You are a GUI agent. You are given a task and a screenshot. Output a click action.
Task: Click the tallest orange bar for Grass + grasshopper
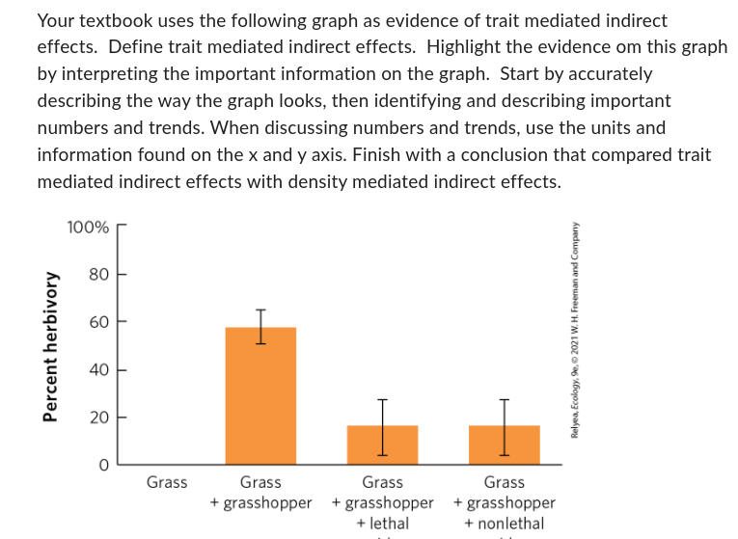click(x=260, y=396)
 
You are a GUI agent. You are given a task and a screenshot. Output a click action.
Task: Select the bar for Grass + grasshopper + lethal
click(x=382, y=445)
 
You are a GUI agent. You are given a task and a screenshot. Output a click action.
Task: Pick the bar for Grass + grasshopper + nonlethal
click(x=504, y=445)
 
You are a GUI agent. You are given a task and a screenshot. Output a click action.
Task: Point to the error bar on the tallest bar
click(x=260, y=326)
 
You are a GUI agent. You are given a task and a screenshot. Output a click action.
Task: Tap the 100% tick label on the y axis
click(x=89, y=228)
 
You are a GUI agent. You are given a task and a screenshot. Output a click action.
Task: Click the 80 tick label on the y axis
click(x=98, y=275)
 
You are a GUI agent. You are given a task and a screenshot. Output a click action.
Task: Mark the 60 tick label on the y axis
click(x=98, y=322)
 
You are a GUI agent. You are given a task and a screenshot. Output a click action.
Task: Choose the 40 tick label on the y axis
click(x=98, y=369)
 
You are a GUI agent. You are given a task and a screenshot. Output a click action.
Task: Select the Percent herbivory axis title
click(x=46, y=346)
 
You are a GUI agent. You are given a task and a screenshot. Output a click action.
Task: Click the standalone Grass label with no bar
click(x=167, y=482)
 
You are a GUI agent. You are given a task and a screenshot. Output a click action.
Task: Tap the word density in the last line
click(x=364, y=181)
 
